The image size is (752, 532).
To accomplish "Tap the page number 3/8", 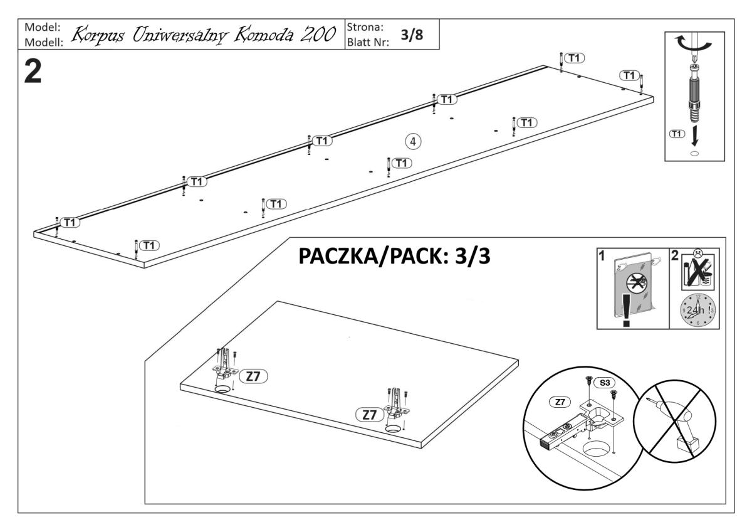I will [412, 35].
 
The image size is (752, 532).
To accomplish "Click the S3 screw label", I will [604, 381].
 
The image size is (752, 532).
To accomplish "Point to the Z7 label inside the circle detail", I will [558, 401].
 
